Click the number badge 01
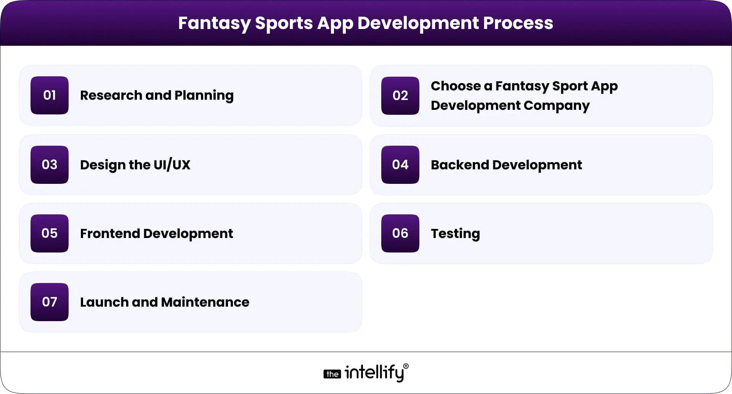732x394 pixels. coord(50,95)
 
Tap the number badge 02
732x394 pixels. coord(400,96)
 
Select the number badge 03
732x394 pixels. coord(50,165)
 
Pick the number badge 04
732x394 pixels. coord(400,165)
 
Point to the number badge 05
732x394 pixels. coord(50,233)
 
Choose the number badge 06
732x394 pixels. coord(400,233)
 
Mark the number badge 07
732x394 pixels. coord(50,302)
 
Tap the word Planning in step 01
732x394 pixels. coord(204,95)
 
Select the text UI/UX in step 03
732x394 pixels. coord(172,165)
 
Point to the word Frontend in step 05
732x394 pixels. coord(110,233)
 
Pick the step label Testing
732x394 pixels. coord(455,233)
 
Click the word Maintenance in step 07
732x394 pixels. coord(205,302)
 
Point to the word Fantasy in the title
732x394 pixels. coord(214,23)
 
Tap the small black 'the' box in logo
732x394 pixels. coord(332,374)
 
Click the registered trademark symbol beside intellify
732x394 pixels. coord(406,366)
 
